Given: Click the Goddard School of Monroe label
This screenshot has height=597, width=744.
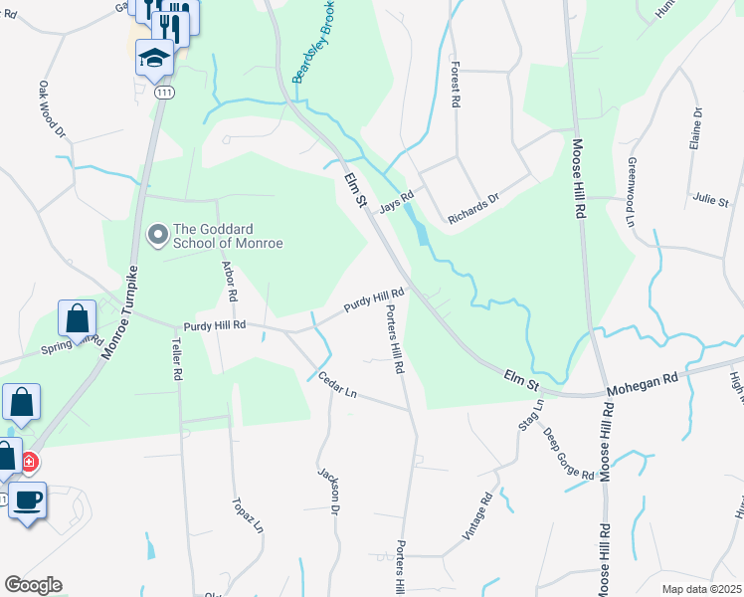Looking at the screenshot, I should (229, 236).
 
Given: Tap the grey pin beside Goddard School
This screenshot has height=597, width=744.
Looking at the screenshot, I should (156, 236).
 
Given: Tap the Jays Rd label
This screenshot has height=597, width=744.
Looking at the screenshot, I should (395, 202).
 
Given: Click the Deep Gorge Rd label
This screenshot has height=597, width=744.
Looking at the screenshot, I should (568, 453).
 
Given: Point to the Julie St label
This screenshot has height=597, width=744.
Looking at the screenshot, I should (711, 199).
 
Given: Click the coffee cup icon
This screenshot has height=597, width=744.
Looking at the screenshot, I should (27, 499).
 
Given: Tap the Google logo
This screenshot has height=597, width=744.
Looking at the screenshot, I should (33, 585).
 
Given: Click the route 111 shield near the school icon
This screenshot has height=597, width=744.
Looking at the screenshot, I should (161, 92).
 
